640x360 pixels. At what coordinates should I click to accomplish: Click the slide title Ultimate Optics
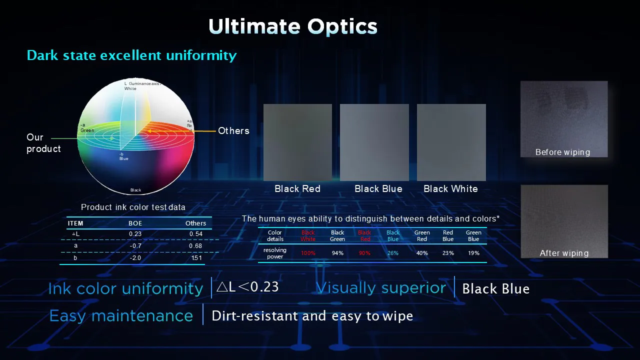point(292,26)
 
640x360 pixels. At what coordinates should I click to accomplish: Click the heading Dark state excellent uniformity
point(131,55)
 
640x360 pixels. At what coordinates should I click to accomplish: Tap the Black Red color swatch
point(297,142)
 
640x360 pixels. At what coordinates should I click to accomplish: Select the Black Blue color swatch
point(374,142)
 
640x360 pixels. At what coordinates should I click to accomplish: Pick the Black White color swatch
point(451,142)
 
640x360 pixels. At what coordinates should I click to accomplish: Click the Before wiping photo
point(563,119)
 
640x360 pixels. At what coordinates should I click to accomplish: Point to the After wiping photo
point(564,221)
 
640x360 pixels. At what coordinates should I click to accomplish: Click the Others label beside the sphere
point(233,131)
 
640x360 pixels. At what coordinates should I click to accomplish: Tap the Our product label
point(43,143)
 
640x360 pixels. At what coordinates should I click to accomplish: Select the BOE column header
point(135,223)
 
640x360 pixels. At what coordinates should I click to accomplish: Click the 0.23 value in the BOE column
point(135,234)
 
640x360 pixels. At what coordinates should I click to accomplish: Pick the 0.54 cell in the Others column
point(195,234)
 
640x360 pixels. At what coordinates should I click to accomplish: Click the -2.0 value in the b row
point(135,258)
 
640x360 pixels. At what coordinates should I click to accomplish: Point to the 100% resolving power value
point(308,253)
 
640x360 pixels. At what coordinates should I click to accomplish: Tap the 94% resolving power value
point(337,253)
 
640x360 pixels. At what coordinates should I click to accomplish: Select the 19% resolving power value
point(473,253)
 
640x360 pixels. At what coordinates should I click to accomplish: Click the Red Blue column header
point(448,236)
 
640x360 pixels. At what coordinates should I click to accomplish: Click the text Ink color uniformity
point(125,288)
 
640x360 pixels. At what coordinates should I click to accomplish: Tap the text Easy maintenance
point(121,316)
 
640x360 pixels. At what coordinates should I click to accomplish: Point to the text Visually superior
point(381,288)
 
